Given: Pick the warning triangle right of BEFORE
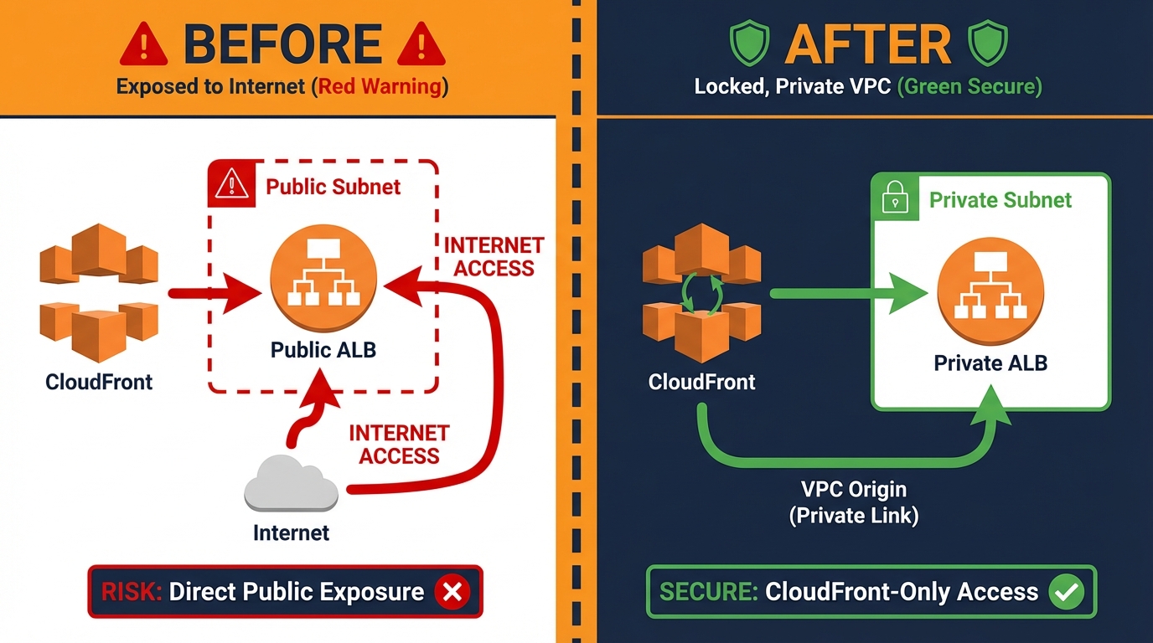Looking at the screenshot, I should click(x=421, y=45).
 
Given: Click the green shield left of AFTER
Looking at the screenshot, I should click(x=748, y=44).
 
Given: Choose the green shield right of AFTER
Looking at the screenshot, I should click(x=987, y=44).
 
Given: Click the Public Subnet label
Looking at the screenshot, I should click(x=333, y=186).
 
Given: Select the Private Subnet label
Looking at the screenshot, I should click(x=1000, y=200).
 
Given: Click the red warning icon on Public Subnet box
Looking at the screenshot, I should click(x=230, y=185).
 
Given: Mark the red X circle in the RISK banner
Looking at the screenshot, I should click(x=452, y=592).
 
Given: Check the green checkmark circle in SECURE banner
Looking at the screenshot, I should click(x=1067, y=592).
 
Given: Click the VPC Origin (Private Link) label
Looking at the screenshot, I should click(x=853, y=502).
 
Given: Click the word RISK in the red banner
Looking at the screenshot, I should click(x=131, y=592).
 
